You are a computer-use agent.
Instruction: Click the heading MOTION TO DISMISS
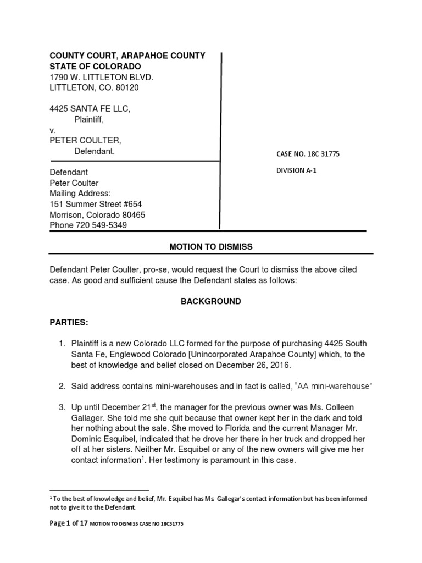(211, 247)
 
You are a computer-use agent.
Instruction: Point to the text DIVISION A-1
(296, 170)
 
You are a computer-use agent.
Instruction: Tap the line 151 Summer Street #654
(96, 204)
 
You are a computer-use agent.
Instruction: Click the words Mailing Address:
(80, 194)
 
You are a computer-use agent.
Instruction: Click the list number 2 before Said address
(62, 386)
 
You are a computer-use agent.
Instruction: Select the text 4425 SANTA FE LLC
(90, 109)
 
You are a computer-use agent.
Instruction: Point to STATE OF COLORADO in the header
(95, 66)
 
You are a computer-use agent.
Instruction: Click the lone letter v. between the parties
(53, 130)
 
